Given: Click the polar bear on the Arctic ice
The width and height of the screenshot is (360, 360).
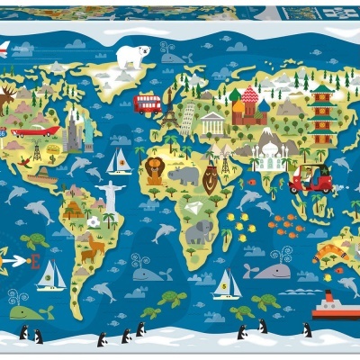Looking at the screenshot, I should pos(133,56).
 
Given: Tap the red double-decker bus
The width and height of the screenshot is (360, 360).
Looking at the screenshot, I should pos(148,103).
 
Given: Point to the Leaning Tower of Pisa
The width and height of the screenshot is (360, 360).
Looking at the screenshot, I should pos(187,118).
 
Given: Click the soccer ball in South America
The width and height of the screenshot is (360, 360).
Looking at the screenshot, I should pos(94,221).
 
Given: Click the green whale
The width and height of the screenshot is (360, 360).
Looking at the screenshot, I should pos(31,311).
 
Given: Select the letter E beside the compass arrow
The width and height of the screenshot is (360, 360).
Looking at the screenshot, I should pos(35,262).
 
